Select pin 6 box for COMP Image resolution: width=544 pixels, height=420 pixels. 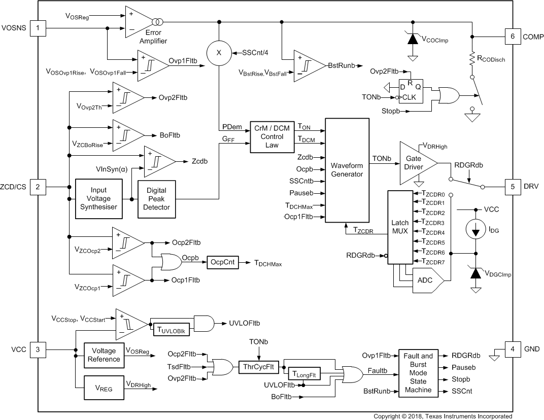512,36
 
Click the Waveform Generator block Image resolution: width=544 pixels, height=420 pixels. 347,170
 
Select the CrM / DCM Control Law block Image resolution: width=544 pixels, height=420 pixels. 272,137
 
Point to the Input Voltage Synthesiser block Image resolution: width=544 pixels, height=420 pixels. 98,198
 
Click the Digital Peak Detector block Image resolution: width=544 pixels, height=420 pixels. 156,198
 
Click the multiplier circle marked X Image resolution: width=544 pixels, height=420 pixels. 219,53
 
